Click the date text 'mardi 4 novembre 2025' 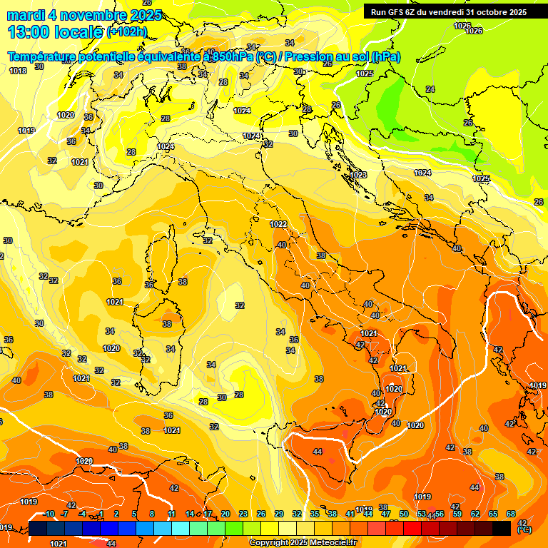pos(84,15)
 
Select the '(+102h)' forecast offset pos(127,31)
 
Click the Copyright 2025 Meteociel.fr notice pos(302,542)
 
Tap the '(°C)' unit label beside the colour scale pos(524,529)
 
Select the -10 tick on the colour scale pos(49,514)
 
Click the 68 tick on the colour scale pos(511,514)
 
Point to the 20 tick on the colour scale pos(225,514)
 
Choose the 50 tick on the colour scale pos(404,514)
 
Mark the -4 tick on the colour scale pos(83,514)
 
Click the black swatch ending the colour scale pos(502,527)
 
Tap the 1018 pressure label pos(18,71)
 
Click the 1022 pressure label pos(278,224)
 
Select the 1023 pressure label pos(358,175)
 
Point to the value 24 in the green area pos(430,89)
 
